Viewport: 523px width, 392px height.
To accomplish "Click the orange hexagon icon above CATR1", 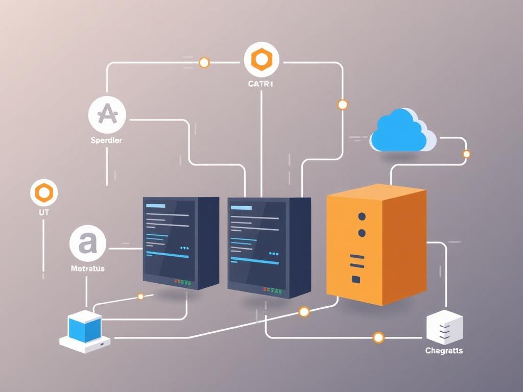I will pyautogui.click(x=261, y=60).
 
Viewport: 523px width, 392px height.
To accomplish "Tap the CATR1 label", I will pyautogui.click(x=261, y=84).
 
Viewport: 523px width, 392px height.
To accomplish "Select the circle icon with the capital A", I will pyautogui.click(x=107, y=114).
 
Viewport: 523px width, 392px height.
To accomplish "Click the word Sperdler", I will pyautogui.click(x=107, y=140).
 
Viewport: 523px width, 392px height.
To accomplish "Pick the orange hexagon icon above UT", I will pyautogui.click(x=44, y=193).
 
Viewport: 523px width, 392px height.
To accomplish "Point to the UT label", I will pyautogui.click(x=44, y=211).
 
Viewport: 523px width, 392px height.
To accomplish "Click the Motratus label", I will pyautogui.click(x=87, y=268).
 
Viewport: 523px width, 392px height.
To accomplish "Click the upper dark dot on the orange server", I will pyautogui.click(x=362, y=216).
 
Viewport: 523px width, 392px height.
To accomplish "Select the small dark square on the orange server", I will pyautogui.click(x=355, y=279).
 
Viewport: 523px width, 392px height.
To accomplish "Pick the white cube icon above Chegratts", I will pyautogui.click(x=444, y=327).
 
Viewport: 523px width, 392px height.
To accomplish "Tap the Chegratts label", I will pyautogui.click(x=444, y=351).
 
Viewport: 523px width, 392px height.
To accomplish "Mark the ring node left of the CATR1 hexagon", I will pyautogui.click(x=204, y=63).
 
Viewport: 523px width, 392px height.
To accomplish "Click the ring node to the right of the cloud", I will pyautogui.click(x=466, y=154).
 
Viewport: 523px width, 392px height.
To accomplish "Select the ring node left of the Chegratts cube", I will pyautogui.click(x=378, y=337).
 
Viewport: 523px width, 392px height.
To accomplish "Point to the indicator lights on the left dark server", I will pyautogui.click(x=182, y=281).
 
